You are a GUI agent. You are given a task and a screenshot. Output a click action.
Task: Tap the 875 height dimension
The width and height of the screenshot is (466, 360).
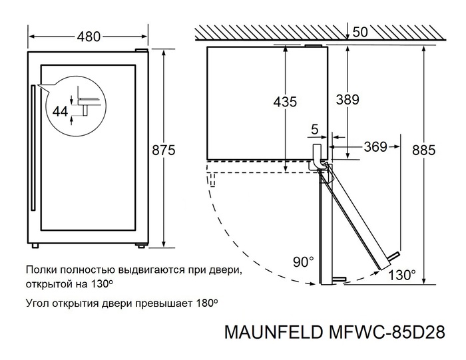[x=163, y=150]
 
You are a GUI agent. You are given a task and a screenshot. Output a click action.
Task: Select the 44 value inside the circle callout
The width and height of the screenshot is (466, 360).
[x=61, y=112]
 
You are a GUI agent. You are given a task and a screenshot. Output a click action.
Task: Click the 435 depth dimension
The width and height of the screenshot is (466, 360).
[x=285, y=102]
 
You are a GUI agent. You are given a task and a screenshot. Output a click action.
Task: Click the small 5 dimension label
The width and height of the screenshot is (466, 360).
[x=314, y=128]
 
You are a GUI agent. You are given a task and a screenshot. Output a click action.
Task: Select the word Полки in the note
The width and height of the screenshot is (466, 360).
[x=41, y=271]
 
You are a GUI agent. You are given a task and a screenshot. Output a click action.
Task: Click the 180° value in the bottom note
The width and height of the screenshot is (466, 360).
[x=206, y=303]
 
